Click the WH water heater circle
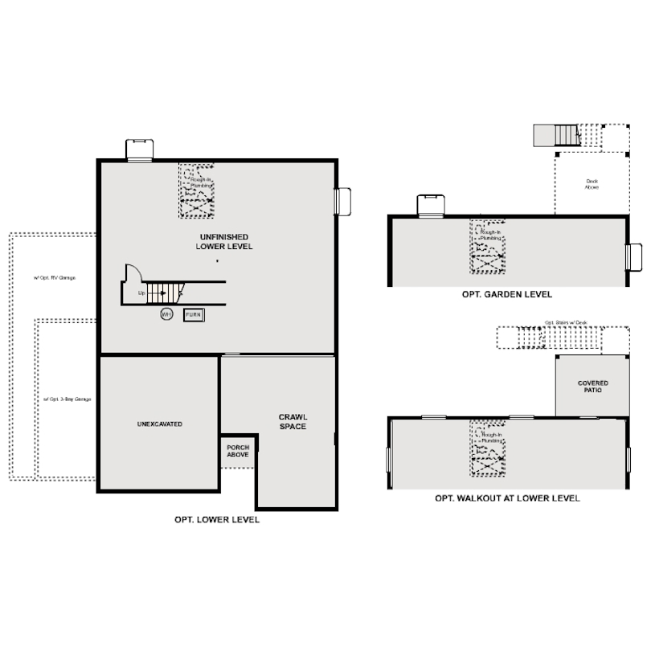[166, 314]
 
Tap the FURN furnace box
[193, 315]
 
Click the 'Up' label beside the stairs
[141, 293]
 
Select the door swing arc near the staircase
[134, 273]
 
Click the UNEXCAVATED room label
[159, 424]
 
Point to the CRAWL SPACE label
[293, 421]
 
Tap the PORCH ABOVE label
[238, 451]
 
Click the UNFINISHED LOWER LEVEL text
[223, 241]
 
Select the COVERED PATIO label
[593, 387]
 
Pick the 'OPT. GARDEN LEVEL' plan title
[506, 295]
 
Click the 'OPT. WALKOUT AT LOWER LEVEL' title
[507, 498]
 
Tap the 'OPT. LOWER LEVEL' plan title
[217, 520]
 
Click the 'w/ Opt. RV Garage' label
[54, 277]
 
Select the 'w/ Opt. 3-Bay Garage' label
[67, 399]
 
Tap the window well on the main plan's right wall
[344, 201]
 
